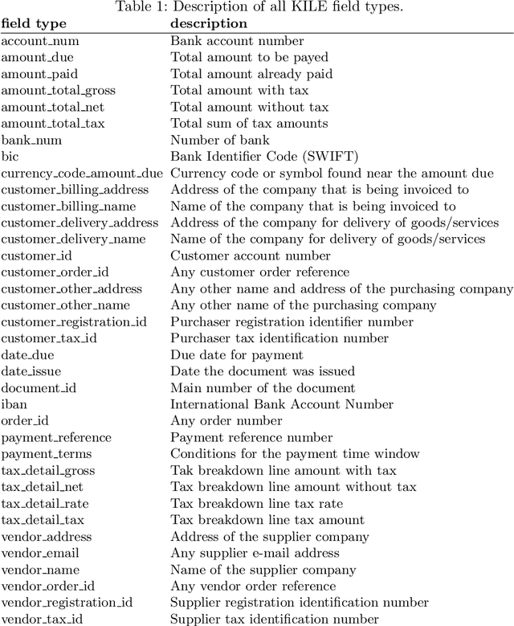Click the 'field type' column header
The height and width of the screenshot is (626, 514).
33,23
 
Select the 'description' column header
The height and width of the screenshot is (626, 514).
208,23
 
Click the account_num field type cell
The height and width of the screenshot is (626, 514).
39,40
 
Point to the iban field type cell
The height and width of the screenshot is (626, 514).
14,404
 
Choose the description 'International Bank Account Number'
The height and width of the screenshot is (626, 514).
282,404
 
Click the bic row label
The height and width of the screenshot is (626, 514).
10,156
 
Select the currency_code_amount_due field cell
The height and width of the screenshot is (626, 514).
81,173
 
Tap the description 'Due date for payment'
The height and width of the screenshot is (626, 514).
236,354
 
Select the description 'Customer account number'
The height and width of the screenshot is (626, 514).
250,256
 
